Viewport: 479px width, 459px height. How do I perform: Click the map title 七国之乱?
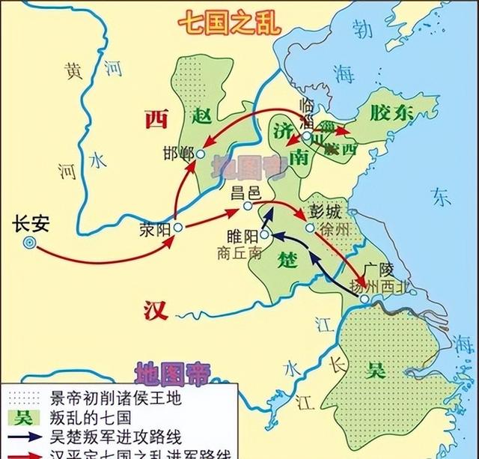coord(230,23)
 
